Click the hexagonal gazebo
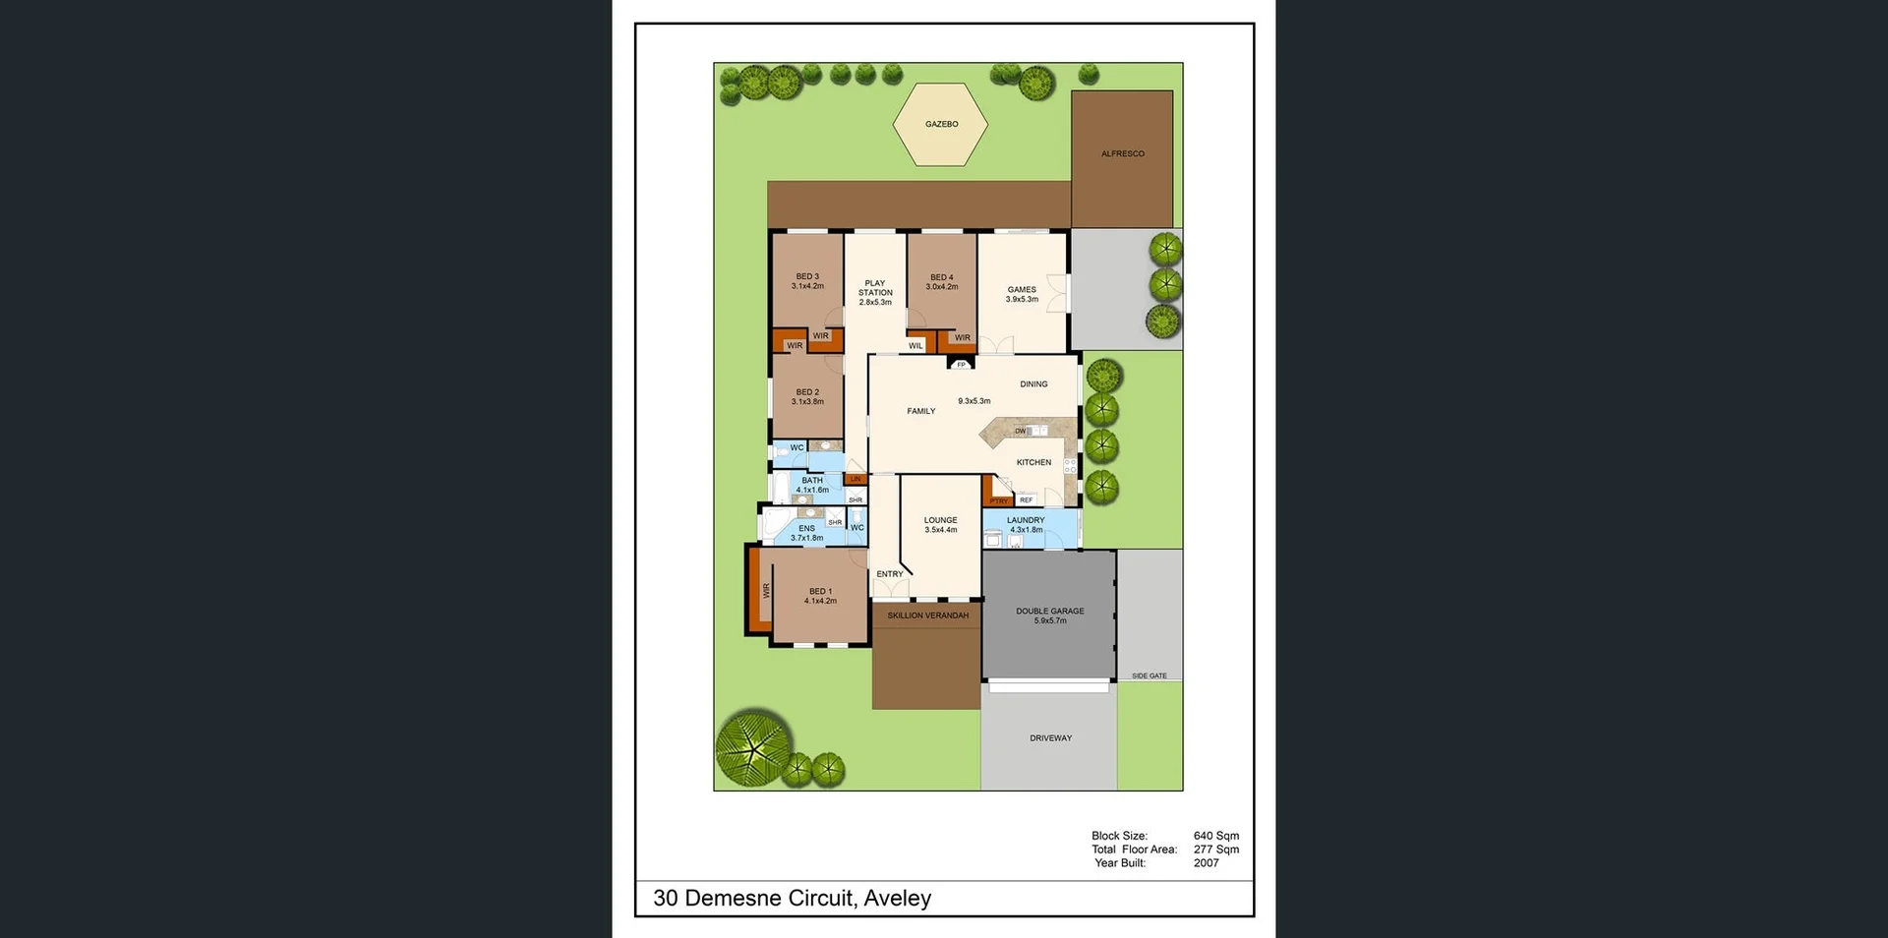(x=940, y=125)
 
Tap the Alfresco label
(x=1122, y=154)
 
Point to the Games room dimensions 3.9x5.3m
(x=1022, y=299)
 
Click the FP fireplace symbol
(x=961, y=364)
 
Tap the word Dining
(x=1033, y=384)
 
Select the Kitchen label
(x=1033, y=462)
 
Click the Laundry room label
(x=1026, y=520)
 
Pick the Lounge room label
(x=940, y=520)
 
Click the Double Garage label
(x=1050, y=612)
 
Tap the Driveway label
(x=1050, y=738)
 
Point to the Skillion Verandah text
(x=927, y=616)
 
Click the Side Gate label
(x=1149, y=675)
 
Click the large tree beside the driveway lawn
(x=754, y=745)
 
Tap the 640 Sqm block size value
(x=1215, y=836)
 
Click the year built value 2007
(x=1206, y=863)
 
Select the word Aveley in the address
(x=897, y=898)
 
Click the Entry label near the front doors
(x=889, y=574)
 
